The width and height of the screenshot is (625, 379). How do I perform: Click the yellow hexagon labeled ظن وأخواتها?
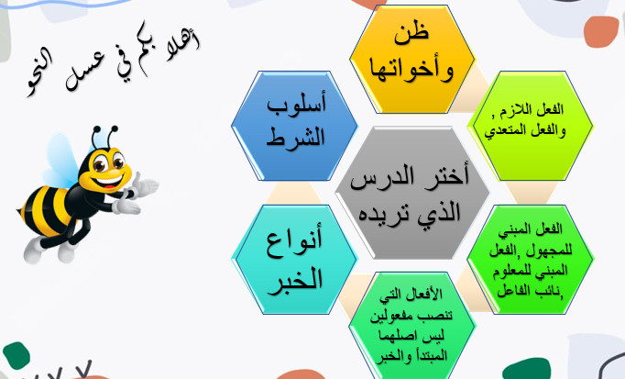coord(412,59)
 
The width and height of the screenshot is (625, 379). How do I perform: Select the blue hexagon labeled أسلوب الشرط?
coord(294,126)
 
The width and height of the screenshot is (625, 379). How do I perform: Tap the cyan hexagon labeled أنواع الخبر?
coord(294,260)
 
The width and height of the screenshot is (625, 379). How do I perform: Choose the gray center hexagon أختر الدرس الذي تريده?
coord(412,193)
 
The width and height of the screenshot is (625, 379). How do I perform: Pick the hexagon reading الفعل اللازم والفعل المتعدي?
coord(530,126)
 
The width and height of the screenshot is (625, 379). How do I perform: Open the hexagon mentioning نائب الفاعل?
coord(530,260)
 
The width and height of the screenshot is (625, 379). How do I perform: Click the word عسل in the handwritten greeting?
coord(84,71)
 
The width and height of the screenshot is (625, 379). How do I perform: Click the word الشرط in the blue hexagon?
coord(295,137)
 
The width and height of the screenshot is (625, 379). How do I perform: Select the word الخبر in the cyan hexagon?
coord(295,279)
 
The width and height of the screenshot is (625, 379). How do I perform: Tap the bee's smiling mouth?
coord(107,183)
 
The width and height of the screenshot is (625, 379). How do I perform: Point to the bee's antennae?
coord(104,137)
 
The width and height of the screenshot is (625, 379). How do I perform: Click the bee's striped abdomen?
coord(47,210)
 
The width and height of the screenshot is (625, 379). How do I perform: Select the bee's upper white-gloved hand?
coord(145,185)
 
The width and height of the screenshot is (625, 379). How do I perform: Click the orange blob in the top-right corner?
coord(601,31)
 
